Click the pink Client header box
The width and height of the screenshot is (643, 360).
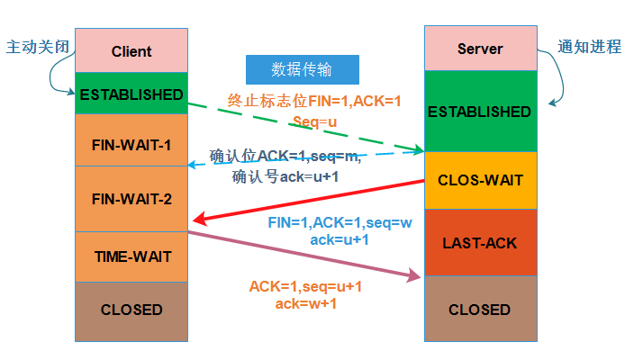[x=131, y=51]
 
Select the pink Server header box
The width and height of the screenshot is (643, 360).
[x=479, y=49]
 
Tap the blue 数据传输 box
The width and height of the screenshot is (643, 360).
[x=302, y=70]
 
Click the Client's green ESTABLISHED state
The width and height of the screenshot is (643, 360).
[x=131, y=94]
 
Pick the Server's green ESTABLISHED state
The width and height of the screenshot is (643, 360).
[x=479, y=112]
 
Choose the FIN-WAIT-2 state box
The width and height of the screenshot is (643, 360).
[x=131, y=198]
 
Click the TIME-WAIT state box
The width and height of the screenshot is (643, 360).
[x=131, y=256]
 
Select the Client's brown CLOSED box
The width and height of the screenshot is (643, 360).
[x=131, y=310]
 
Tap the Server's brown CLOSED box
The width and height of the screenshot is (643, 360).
[x=479, y=310]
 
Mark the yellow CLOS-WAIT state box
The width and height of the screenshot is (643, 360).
[x=479, y=180]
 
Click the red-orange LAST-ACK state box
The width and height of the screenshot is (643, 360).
[x=479, y=242]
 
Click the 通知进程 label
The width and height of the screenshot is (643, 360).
[x=591, y=47]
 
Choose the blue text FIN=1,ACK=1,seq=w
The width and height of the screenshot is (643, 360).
[x=340, y=222]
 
